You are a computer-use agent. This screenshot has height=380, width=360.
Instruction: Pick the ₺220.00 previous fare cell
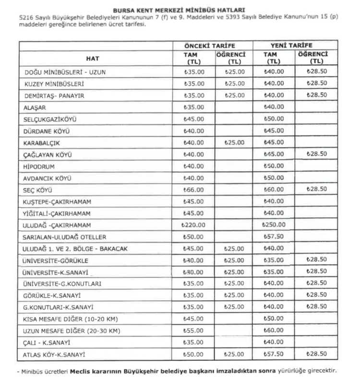[x=193, y=225]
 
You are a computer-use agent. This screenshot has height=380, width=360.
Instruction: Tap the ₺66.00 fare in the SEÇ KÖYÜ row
[x=193, y=190]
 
